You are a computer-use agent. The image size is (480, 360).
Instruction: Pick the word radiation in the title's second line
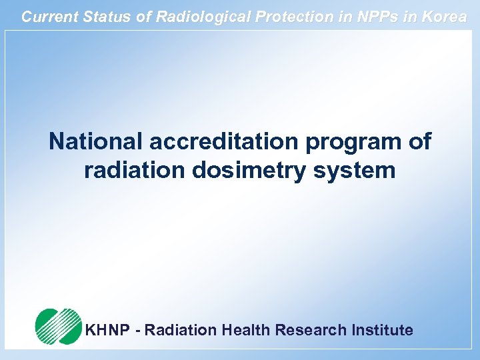pos(135,170)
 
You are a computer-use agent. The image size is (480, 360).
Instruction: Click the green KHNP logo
pos(58,326)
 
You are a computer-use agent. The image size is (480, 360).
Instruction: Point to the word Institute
pos(381,330)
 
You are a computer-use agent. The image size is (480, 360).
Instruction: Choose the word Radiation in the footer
pos(181,330)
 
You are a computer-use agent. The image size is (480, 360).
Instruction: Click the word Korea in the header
pos(445,17)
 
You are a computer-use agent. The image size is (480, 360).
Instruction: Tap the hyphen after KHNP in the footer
pos(138,331)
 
